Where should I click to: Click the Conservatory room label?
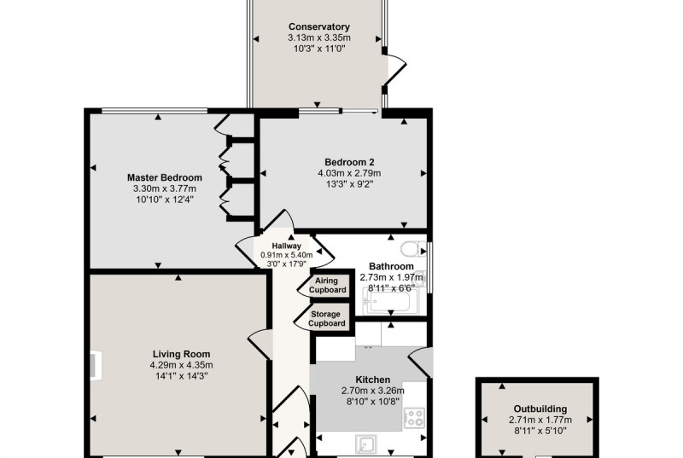(x=318, y=27)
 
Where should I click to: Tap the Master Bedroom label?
(x=165, y=177)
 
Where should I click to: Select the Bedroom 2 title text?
(x=349, y=162)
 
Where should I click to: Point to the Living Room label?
(x=181, y=354)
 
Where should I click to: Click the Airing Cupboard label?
(x=328, y=286)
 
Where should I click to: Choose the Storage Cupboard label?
(x=327, y=319)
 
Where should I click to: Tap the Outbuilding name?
(x=540, y=409)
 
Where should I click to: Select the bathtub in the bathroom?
(x=390, y=300)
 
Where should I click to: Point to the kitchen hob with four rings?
(x=414, y=418)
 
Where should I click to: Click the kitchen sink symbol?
(x=366, y=444)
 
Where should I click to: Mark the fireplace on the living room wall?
(x=96, y=365)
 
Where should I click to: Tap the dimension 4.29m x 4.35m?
(x=181, y=365)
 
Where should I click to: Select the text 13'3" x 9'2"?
(x=350, y=184)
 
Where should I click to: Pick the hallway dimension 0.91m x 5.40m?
(x=287, y=255)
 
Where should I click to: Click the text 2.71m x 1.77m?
(x=540, y=420)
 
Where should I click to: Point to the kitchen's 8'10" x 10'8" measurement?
(x=373, y=402)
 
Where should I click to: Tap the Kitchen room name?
(x=373, y=380)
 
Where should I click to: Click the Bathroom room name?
(x=391, y=266)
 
